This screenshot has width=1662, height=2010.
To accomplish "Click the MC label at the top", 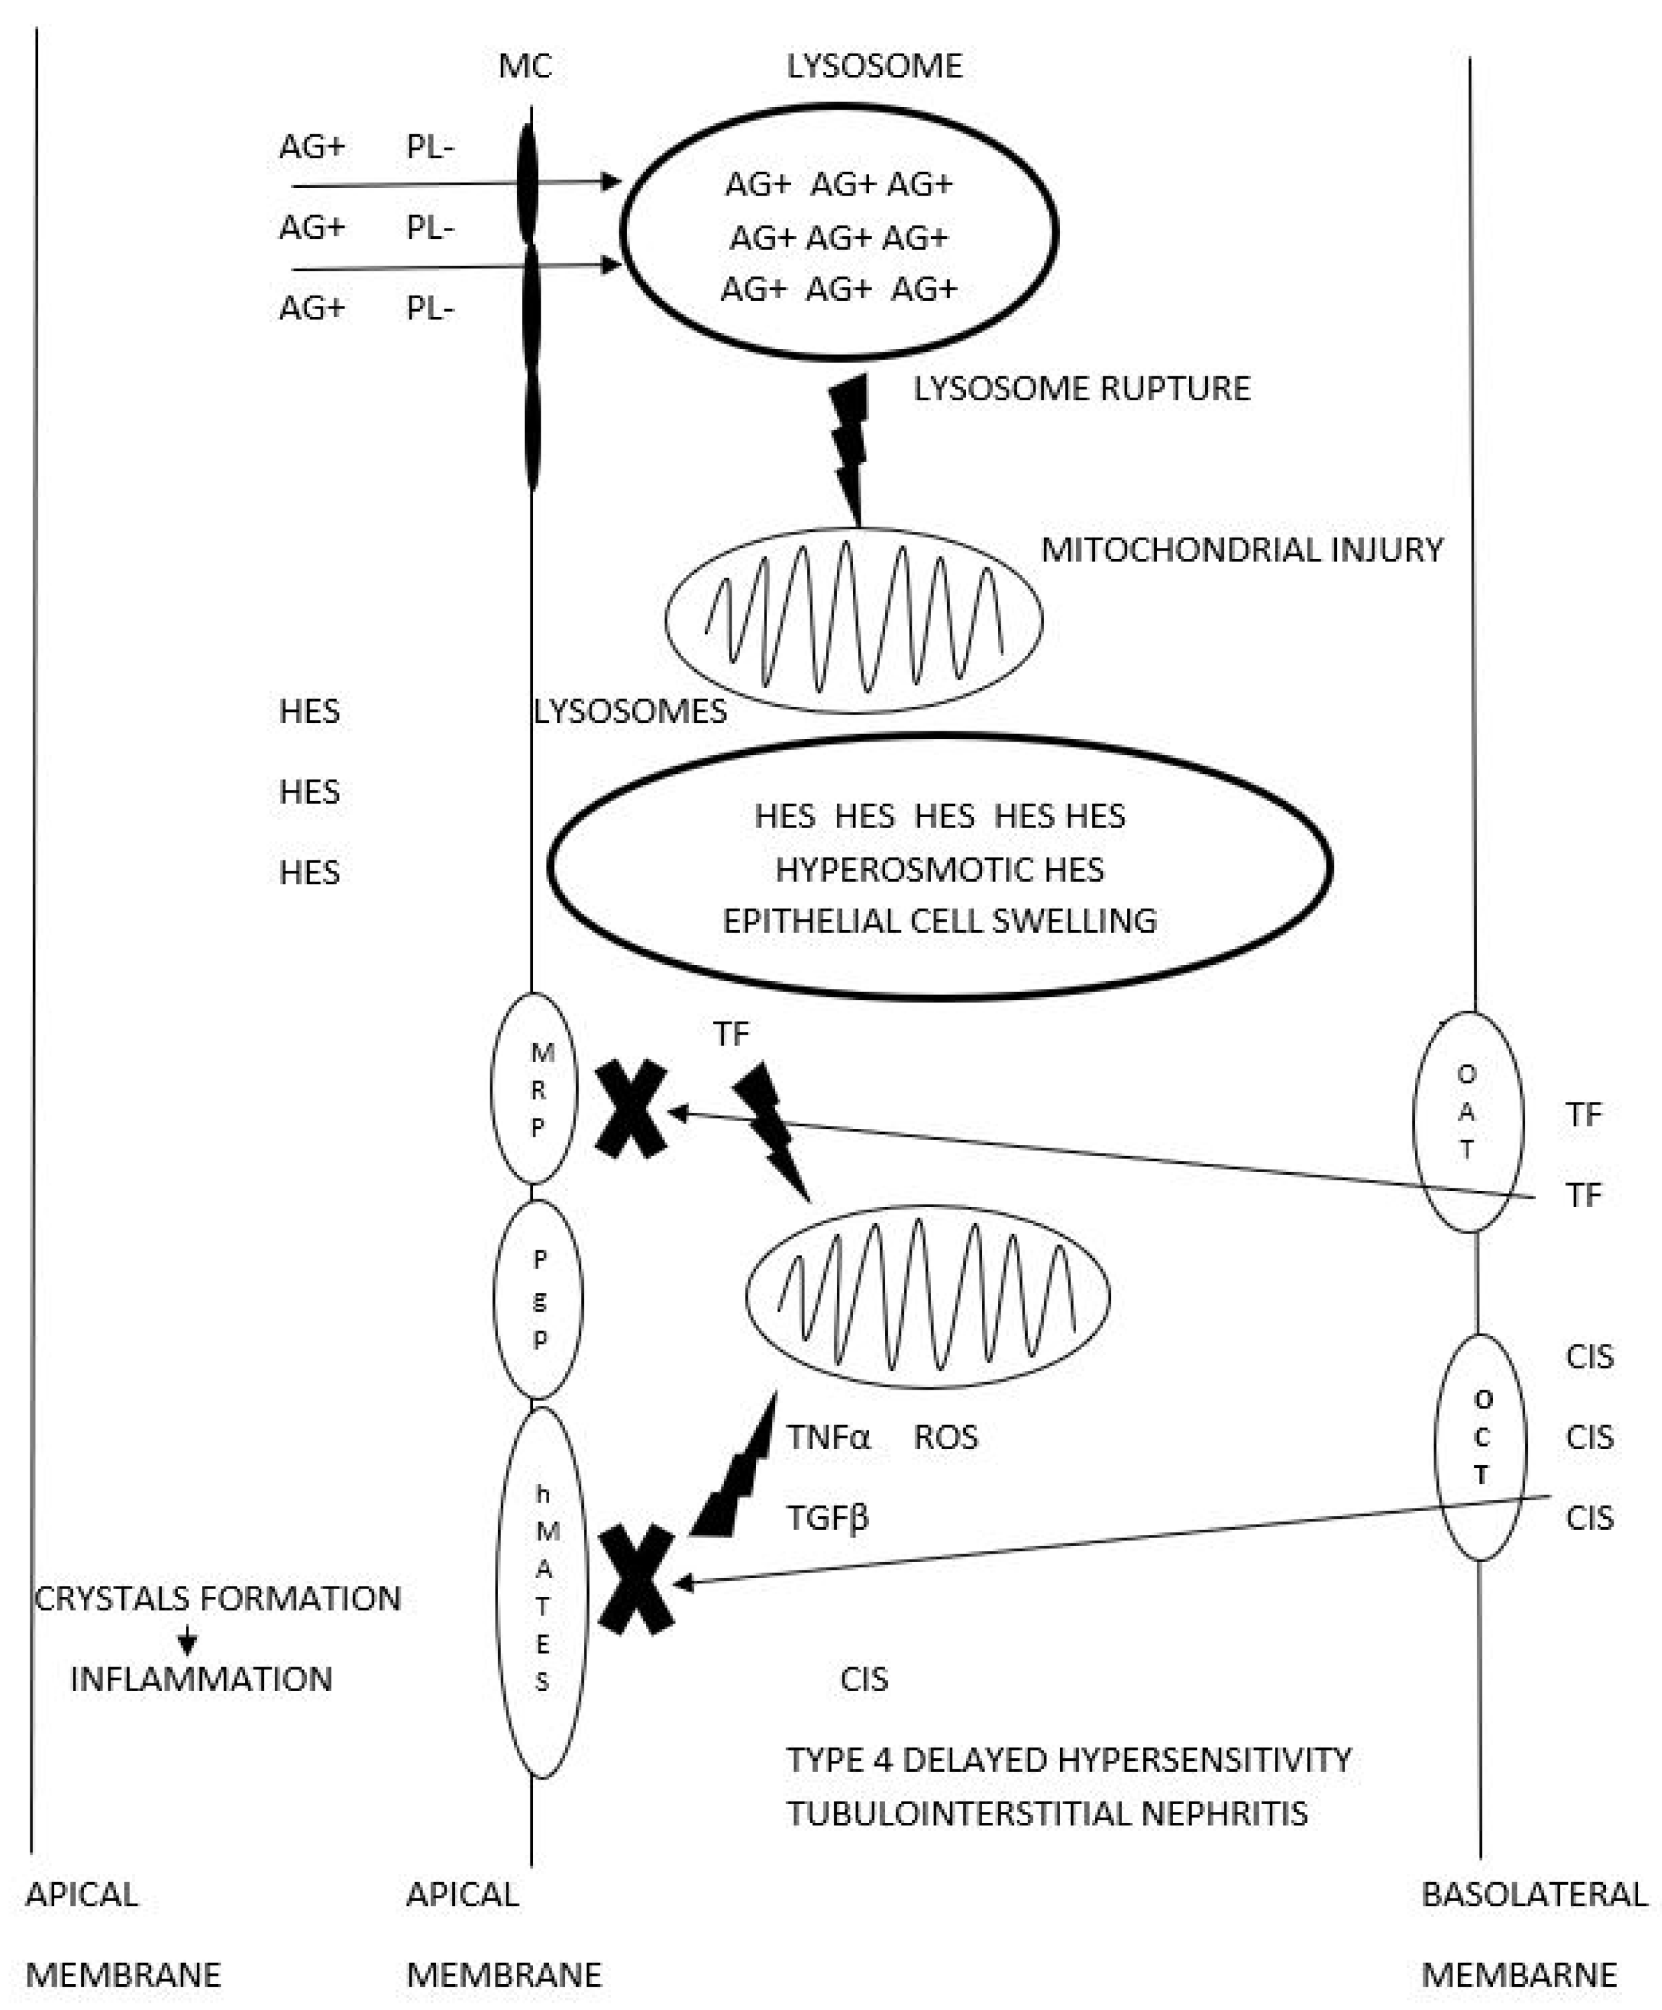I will tap(525, 66).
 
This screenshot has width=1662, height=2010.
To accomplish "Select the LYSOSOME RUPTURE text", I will tap(1081, 389).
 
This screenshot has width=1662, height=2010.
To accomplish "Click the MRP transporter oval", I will tap(535, 1089).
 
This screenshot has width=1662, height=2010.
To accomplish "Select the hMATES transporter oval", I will tap(541, 1592).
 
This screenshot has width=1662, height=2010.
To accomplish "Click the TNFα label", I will tap(828, 1437).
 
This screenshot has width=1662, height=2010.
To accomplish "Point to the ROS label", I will tap(945, 1437).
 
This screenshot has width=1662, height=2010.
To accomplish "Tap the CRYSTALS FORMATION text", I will tap(217, 1598).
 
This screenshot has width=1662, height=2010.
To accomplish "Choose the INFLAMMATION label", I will tap(201, 1679).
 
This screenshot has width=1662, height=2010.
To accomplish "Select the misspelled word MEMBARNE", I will tap(1519, 1974).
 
